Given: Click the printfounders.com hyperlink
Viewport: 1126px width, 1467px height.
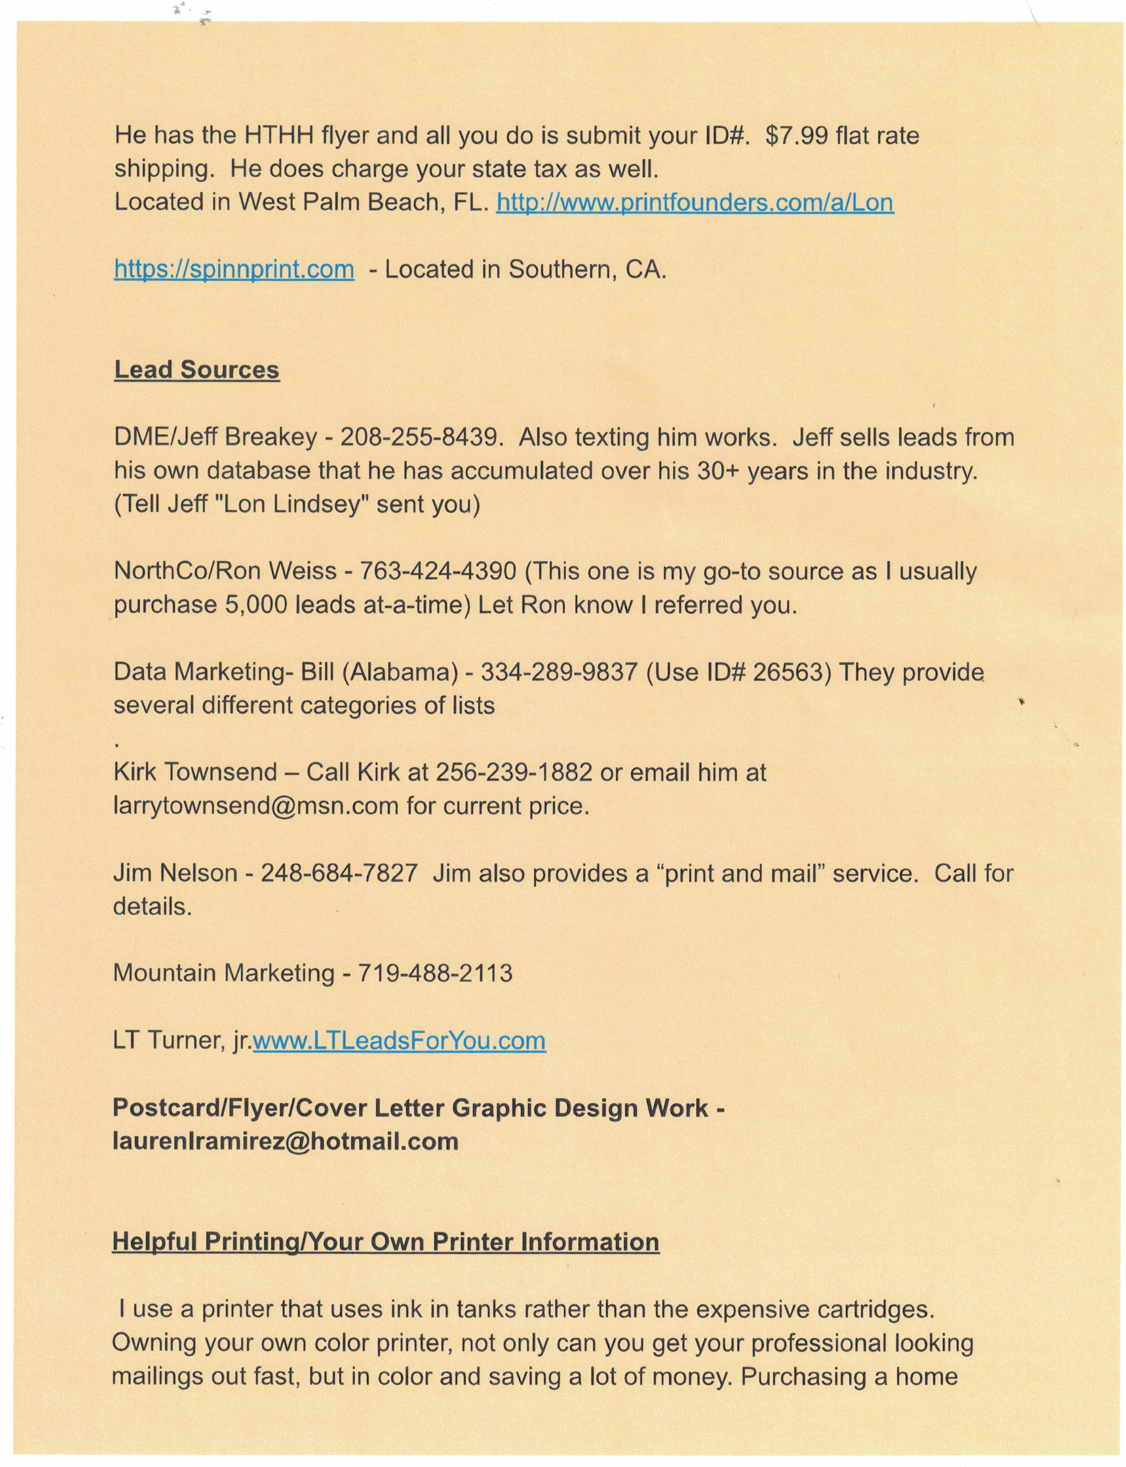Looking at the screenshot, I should pyautogui.click(x=694, y=203).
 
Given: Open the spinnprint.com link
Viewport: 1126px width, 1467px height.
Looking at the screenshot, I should pyautogui.click(x=234, y=269).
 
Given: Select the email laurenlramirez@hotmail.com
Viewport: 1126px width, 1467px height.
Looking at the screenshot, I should pyautogui.click(x=286, y=1141).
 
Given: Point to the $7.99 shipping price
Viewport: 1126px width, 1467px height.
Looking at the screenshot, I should pyautogui.click(x=798, y=136).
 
